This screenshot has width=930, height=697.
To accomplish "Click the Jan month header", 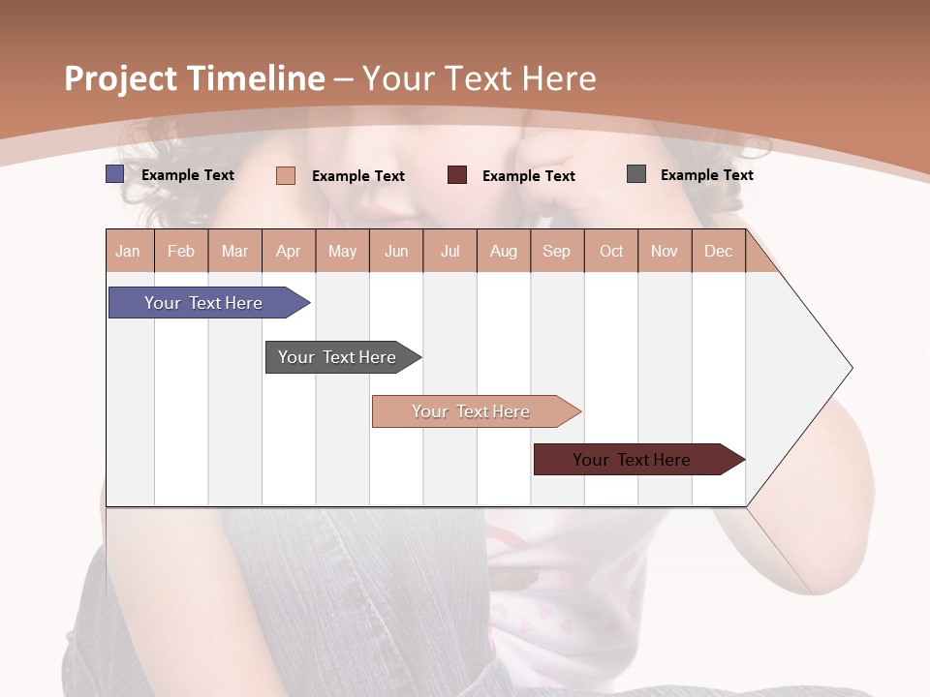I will [129, 251].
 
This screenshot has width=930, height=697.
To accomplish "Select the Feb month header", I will [181, 251].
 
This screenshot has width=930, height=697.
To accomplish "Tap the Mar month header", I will [234, 251].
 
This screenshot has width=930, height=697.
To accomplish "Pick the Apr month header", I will [289, 251].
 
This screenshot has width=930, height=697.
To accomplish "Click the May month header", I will [342, 251].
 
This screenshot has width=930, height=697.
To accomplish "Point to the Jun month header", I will [396, 251].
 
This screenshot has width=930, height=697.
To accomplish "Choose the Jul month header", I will [449, 251].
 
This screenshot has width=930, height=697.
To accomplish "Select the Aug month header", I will [504, 251].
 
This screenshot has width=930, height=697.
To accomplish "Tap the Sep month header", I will [557, 251].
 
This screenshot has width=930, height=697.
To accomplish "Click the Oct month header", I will [611, 251].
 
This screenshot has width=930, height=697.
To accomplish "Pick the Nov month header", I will [665, 251].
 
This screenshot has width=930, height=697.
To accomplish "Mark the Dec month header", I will [719, 251].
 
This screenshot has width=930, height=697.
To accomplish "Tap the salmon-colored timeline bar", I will [472, 411].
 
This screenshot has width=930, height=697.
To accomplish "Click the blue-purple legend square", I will [115, 174].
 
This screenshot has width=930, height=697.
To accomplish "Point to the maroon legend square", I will [457, 175].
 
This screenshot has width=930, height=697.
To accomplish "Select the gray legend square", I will [636, 174].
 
